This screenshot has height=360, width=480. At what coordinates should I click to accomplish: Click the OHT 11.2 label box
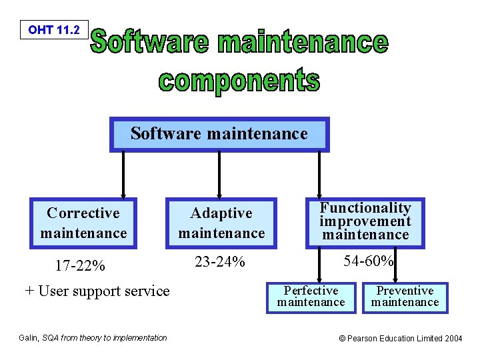[54, 30]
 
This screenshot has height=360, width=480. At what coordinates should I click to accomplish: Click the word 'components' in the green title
[239, 81]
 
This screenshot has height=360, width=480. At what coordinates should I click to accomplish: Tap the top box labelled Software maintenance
[219, 135]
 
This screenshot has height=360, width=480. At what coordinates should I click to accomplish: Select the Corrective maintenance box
[83, 223]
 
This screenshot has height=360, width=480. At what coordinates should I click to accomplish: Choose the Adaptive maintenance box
[221, 223]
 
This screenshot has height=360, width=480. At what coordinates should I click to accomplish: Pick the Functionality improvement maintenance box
[365, 221]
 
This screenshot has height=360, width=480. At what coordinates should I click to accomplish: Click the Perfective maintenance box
[311, 297]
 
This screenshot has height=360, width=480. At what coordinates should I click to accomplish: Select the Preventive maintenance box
[405, 297]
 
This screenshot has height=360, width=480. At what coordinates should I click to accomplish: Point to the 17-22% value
[80, 267]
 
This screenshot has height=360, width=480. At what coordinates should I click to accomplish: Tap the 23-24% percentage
[219, 262]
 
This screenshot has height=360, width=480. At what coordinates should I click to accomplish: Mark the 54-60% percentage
[368, 261]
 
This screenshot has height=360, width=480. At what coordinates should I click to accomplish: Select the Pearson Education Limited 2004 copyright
[400, 339]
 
